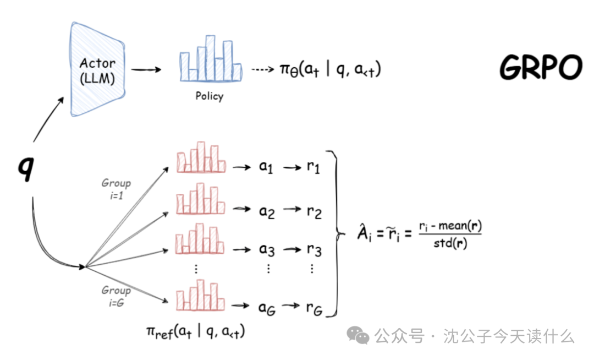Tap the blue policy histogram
210,59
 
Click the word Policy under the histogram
210,96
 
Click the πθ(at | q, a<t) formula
330,70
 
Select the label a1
266,167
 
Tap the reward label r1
313,167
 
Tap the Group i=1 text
116,188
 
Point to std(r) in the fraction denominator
449,243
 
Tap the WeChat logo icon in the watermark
361,335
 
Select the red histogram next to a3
200,239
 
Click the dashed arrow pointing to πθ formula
263,70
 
